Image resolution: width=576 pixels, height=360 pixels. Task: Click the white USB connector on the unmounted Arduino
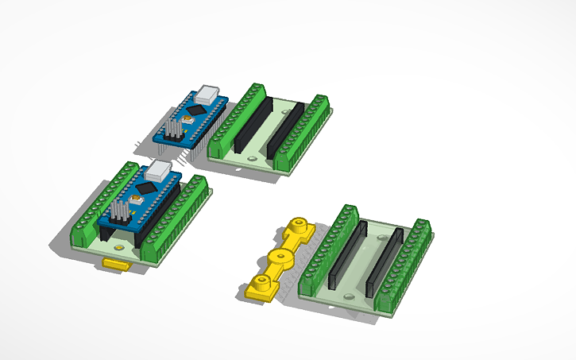(x=210, y=93)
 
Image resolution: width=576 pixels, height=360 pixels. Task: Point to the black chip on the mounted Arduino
(x=146, y=188)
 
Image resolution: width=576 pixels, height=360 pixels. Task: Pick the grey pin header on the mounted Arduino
(x=120, y=210)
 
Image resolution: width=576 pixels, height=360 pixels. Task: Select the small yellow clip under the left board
(x=116, y=264)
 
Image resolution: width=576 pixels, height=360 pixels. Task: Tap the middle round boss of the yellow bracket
(x=280, y=257)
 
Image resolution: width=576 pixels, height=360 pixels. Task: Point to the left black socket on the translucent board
(x=346, y=255)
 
